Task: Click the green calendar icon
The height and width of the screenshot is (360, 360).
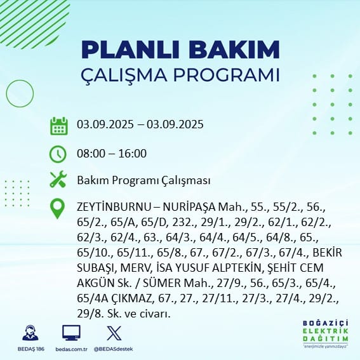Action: click(x=58, y=125)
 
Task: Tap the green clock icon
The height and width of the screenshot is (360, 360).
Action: click(x=58, y=154)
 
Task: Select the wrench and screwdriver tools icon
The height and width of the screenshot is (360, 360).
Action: click(x=58, y=180)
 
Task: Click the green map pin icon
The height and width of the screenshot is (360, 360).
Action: click(x=58, y=208)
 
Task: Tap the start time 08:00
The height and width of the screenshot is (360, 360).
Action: click(x=90, y=154)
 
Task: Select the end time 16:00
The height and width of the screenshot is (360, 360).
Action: click(x=133, y=154)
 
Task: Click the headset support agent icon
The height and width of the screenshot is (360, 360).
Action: click(x=29, y=333)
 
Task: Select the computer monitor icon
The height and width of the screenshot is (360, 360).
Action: click(x=70, y=333)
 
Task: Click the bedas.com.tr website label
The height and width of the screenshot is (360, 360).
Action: click(x=70, y=349)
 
